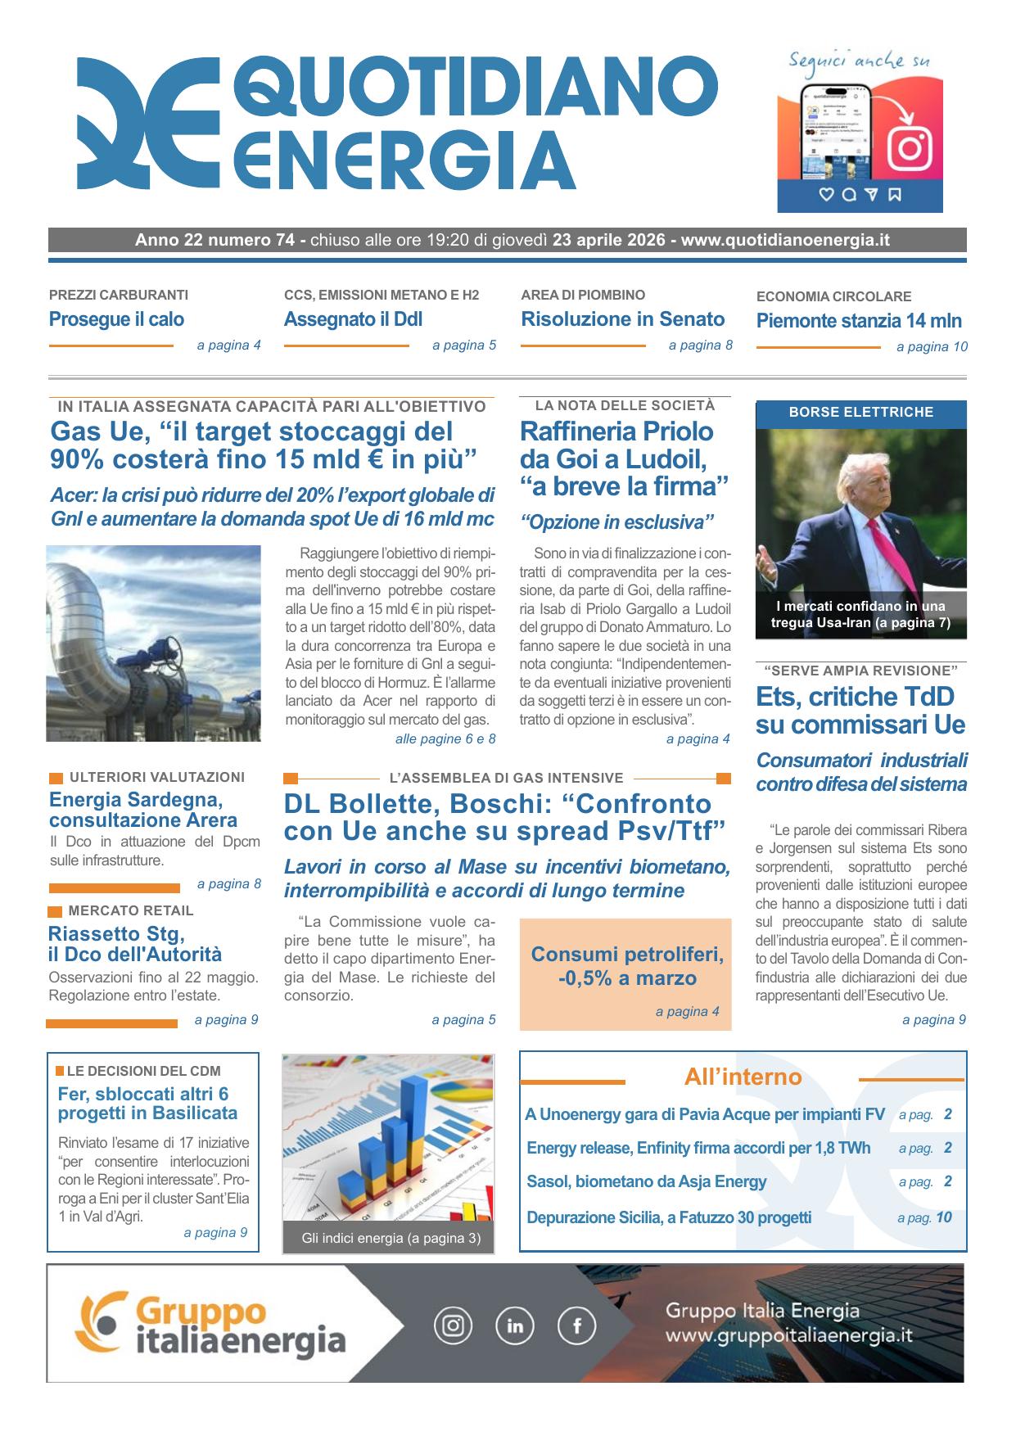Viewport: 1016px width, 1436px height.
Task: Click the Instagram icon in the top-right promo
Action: pyautogui.click(x=910, y=148)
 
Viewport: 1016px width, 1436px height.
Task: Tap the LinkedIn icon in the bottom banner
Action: pyautogui.click(x=515, y=1325)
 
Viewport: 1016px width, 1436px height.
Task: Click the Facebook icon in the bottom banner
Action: pyautogui.click(x=576, y=1325)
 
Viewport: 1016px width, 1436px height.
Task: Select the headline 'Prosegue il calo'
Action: pyautogui.click(x=116, y=319)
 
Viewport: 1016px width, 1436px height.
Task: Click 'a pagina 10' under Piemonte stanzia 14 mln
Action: pyautogui.click(x=932, y=346)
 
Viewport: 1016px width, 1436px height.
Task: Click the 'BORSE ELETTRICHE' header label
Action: pyautogui.click(x=860, y=413)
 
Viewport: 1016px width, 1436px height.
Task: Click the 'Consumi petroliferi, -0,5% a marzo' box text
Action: pyautogui.click(x=626, y=966)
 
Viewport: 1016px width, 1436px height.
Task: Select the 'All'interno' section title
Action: pyautogui.click(x=743, y=1077)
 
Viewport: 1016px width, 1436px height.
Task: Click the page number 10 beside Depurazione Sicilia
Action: pyautogui.click(x=943, y=1217)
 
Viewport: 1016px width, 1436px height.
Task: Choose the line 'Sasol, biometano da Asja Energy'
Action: pyautogui.click(x=646, y=1181)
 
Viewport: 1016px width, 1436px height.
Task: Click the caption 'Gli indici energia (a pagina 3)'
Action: pyautogui.click(x=391, y=1238)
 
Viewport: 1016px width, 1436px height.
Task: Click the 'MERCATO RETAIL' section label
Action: pyautogui.click(x=131, y=910)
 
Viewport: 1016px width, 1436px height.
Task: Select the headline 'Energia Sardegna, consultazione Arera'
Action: pyautogui.click(x=143, y=810)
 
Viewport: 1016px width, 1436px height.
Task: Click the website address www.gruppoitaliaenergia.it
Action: pyautogui.click(x=788, y=1336)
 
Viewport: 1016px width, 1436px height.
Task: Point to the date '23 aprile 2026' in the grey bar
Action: pyautogui.click(x=610, y=240)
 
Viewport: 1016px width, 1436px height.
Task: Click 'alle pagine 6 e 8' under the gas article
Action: pyautogui.click(x=445, y=739)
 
